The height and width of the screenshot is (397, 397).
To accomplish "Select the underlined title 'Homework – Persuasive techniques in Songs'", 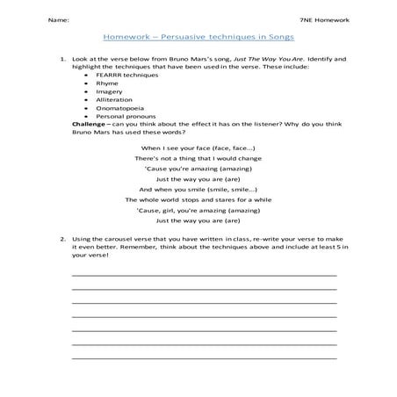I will [198, 39].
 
